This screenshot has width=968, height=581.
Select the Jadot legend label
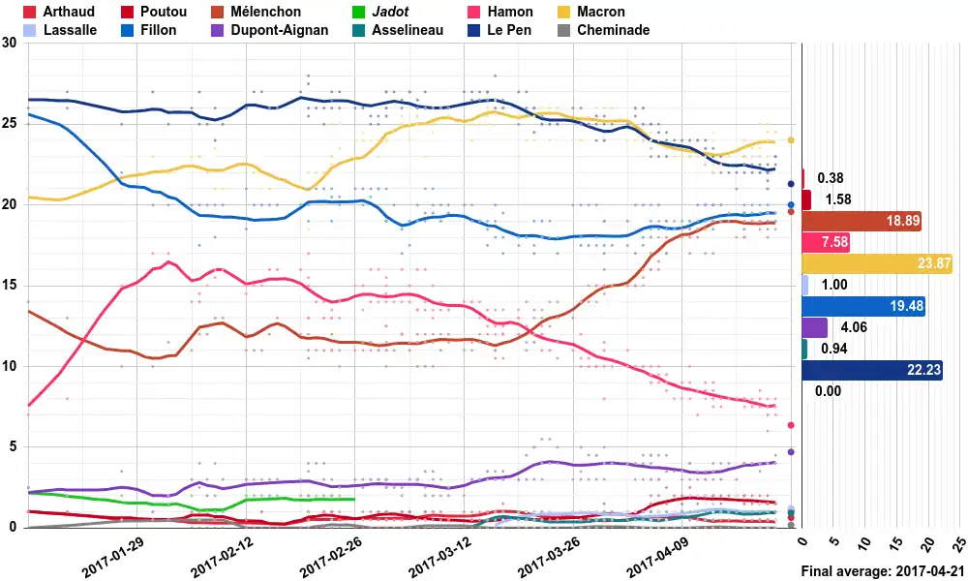(390, 12)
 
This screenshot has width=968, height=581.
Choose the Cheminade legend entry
(613, 30)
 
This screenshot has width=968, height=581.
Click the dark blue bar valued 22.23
(872, 370)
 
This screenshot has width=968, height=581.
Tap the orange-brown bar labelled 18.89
(862, 221)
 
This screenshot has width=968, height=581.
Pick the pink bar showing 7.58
(826, 242)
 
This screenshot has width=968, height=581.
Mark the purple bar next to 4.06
(815, 327)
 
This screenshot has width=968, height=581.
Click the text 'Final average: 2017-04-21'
(883, 571)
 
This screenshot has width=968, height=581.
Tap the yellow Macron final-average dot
(791, 140)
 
